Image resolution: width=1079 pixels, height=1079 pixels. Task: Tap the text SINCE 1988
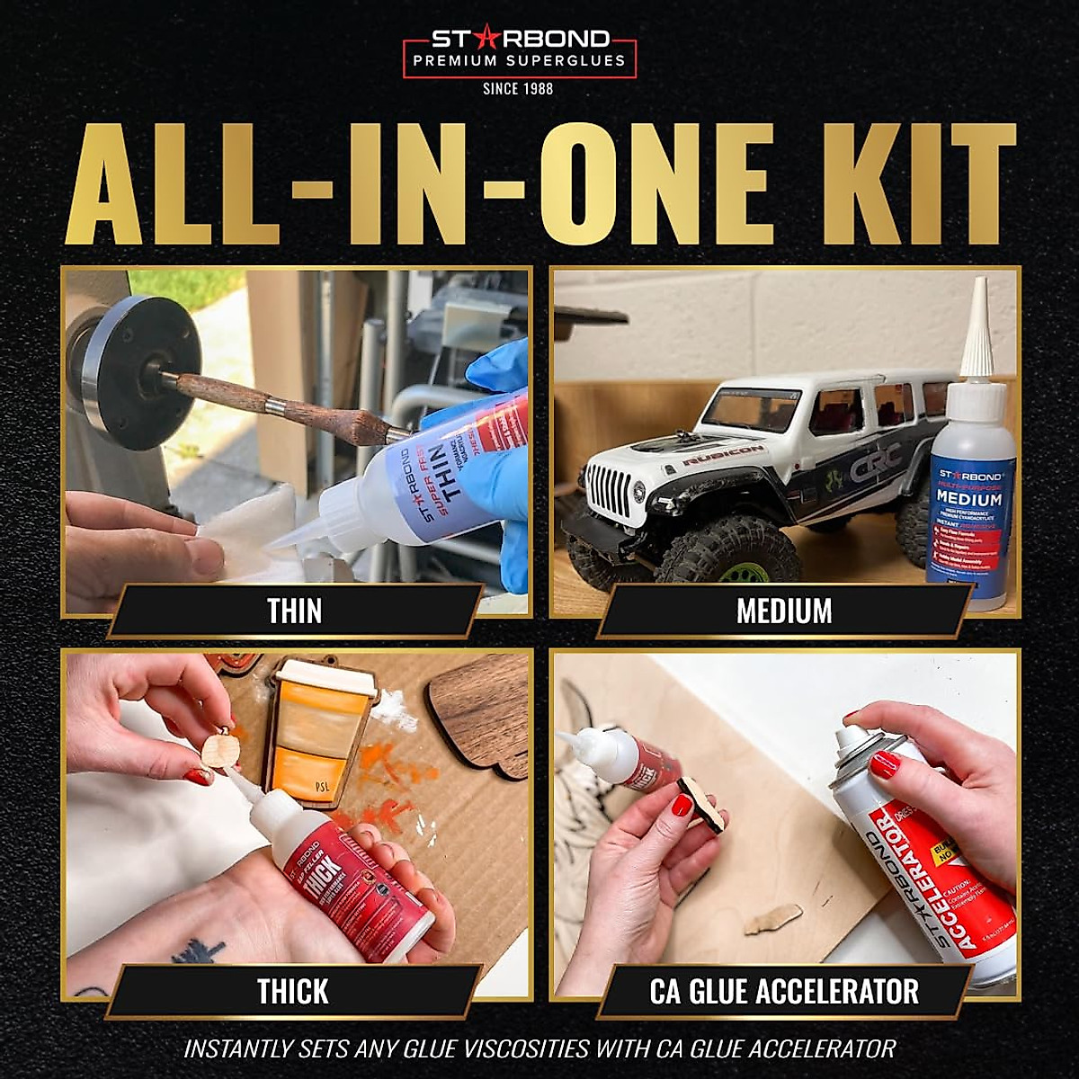click(x=518, y=88)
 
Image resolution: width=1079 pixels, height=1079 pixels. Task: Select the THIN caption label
click(x=294, y=611)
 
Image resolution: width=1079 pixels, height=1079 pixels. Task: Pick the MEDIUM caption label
click(x=784, y=611)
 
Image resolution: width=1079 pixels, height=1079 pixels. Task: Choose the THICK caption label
click(x=293, y=992)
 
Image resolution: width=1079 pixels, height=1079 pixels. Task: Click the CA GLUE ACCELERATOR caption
click(x=784, y=992)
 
